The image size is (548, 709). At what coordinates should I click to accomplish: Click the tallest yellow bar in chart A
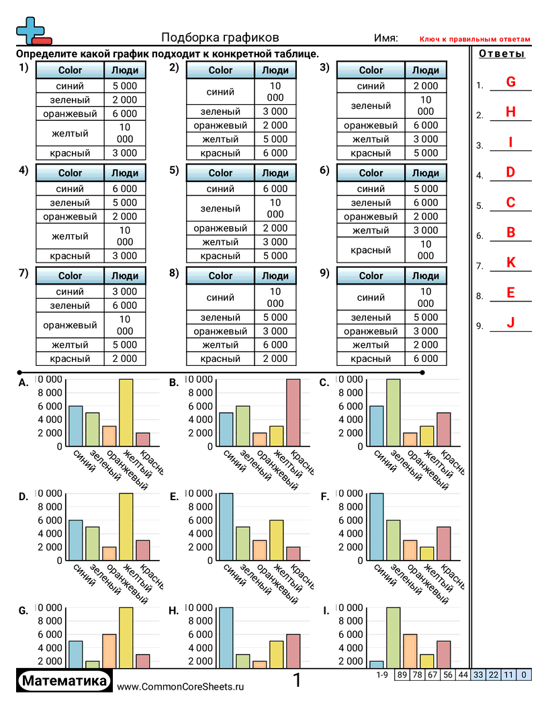click(126, 412)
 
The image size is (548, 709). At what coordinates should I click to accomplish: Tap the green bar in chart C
click(393, 412)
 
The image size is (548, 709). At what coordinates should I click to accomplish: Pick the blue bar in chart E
click(226, 526)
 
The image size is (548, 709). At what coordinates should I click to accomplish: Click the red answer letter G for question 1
click(510, 83)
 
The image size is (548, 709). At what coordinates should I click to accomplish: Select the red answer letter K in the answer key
click(510, 263)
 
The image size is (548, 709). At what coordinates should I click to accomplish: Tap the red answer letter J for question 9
click(510, 323)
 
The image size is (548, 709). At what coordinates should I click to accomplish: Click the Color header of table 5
click(220, 173)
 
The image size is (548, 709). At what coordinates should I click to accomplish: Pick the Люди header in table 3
click(425, 70)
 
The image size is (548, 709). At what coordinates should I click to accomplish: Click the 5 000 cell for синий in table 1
click(125, 86)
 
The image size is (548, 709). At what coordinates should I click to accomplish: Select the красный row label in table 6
click(371, 250)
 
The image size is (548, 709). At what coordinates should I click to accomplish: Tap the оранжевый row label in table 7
click(70, 325)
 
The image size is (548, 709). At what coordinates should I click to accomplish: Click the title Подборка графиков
click(220, 38)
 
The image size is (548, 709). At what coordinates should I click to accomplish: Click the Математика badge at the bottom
click(64, 681)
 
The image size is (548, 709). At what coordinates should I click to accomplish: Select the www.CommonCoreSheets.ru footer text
click(180, 686)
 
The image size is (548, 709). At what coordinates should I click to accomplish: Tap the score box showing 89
click(402, 675)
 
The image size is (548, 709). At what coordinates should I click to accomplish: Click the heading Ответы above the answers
click(502, 54)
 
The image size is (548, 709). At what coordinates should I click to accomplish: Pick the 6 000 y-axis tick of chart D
click(52, 520)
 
